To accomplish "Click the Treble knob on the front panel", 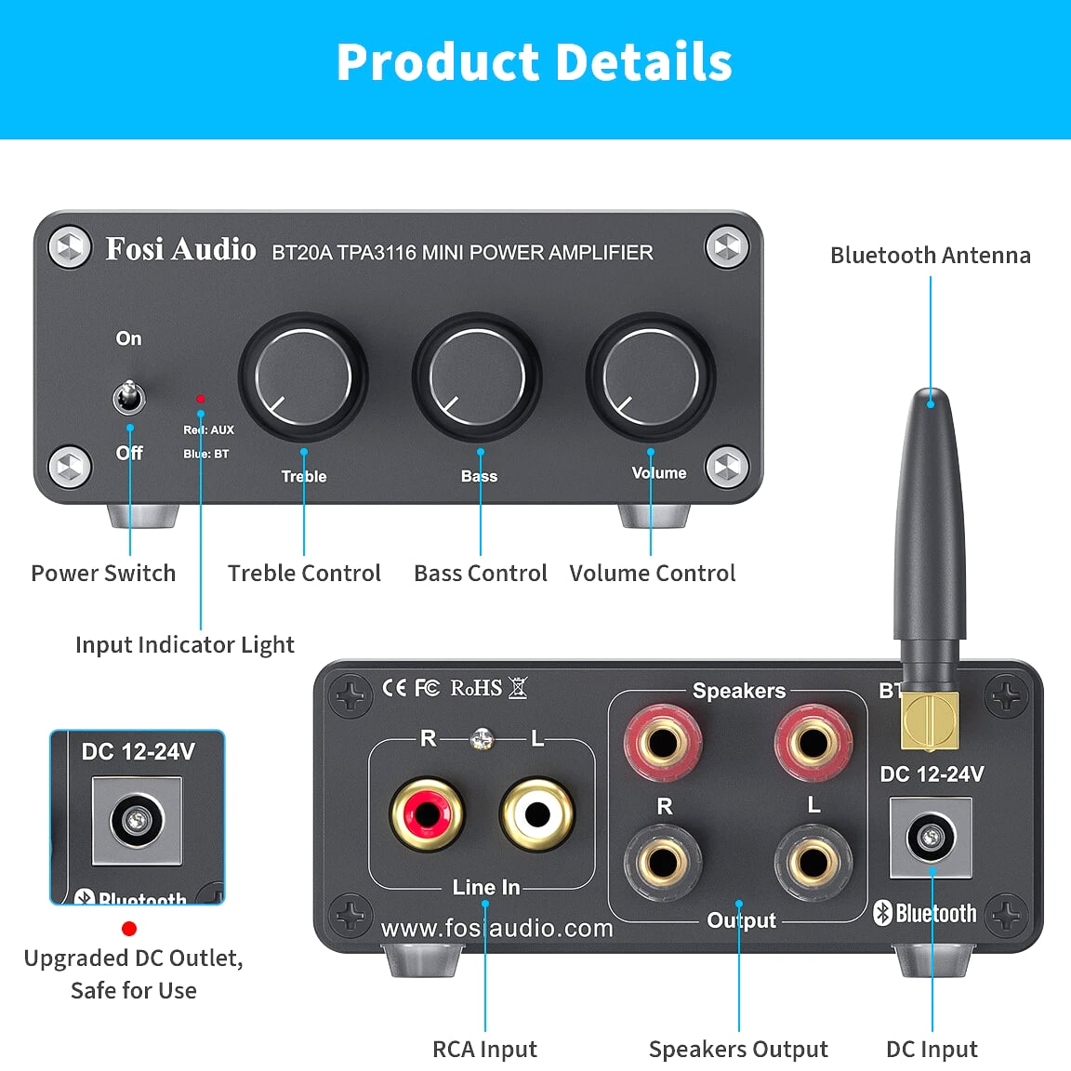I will click(x=303, y=377).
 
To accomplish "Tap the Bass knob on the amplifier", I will click(x=477, y=377).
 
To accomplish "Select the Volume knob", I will click(x=650, y=377).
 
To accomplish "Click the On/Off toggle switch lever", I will click(x=128, y=397).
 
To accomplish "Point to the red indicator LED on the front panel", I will click(x=200, y=399).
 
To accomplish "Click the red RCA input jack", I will click(x=427, y=813).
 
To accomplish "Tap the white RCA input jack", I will click(x=536, y=813).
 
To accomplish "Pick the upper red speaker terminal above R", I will click(x=662, y=742).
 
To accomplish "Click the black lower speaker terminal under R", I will click(x=662, y=861).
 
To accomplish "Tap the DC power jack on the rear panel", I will click(x=931, y=838).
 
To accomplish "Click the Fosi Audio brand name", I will click(x=180, y=249).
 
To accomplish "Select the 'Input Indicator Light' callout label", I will click(x=184, y=644).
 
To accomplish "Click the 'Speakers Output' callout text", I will click(x=738, y=1049).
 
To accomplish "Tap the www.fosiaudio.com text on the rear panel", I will click(x=497, y=928).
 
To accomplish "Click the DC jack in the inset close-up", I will click(x=137, y=819).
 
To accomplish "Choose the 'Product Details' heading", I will click(x=535, y=62).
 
